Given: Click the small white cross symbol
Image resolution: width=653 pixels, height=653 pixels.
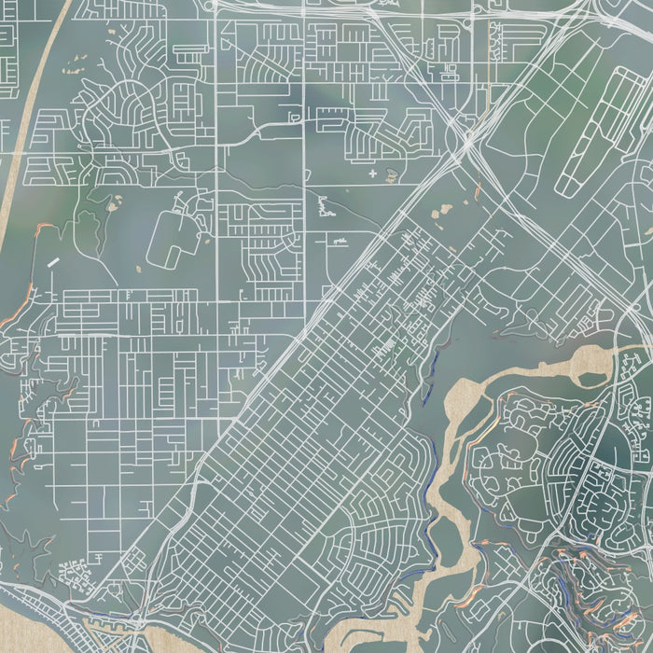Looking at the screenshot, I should point(373,174).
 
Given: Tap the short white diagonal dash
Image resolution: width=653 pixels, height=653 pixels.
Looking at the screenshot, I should point(53,263).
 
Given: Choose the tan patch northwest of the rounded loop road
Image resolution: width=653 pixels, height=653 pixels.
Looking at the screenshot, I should point(117,200).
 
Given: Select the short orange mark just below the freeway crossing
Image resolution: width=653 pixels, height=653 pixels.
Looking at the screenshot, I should point(479,191).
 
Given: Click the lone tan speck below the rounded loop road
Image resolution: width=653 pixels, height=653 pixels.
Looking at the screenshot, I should point(139,271).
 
